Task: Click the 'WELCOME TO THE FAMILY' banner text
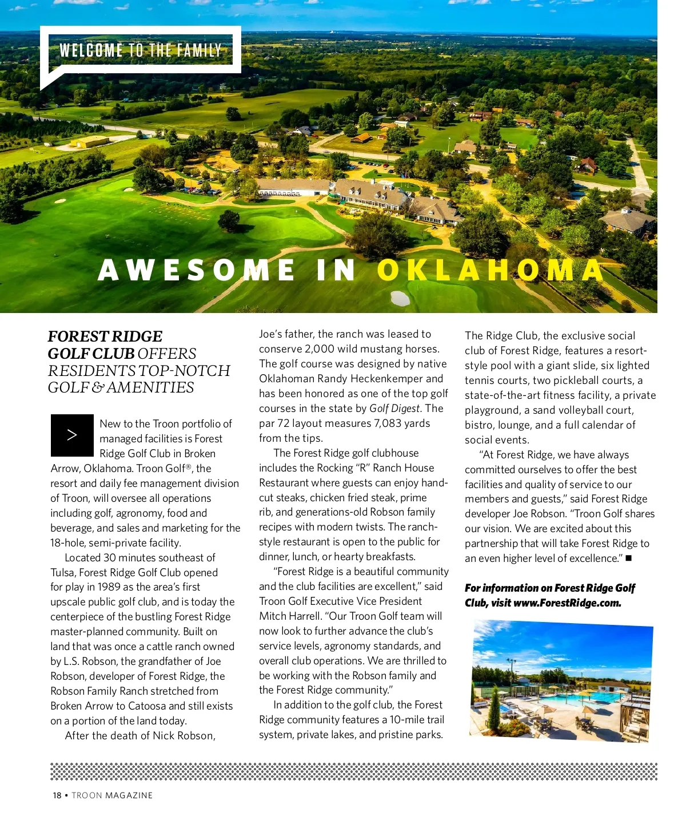click(140, 50)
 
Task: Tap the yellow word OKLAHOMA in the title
click(490, 270)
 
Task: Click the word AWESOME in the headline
click(197, 270)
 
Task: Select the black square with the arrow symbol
click(72, 435)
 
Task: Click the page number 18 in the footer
click(57, 795)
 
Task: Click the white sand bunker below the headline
click(400, 298)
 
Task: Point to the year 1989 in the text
click(109, 587)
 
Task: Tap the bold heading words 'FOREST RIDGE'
click(105, 336)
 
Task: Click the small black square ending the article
click(628, 558)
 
